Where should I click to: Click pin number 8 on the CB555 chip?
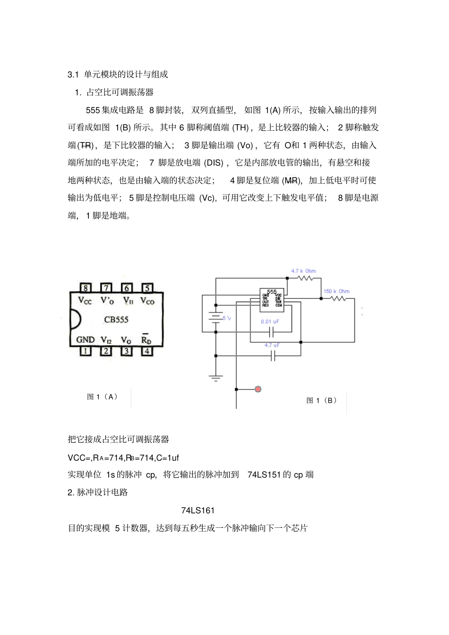coord(86,288)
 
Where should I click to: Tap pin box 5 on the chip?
coord(147,288)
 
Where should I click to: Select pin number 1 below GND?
coord(86,351)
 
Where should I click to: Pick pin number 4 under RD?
coord(147,351)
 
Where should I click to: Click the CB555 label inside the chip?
coord(116,320)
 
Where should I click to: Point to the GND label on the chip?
coord(86,339)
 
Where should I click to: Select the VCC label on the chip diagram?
coord(85,300)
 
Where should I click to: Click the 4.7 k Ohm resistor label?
coord(303,271)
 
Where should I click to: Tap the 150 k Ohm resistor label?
coord(336,291)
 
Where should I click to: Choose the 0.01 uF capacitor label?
coord(270,322)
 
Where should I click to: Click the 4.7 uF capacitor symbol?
coord(273,356)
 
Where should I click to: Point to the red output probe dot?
coord(258,389)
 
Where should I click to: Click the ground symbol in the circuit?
coord(216,377)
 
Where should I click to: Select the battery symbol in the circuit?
coord(216,318)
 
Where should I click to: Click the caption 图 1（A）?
coord(102,397)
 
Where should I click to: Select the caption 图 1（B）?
coord(322,400)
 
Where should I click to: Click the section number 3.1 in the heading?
coord(73,74)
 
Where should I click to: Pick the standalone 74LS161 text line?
coord(198,510)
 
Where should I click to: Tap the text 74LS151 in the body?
coord(264,474)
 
